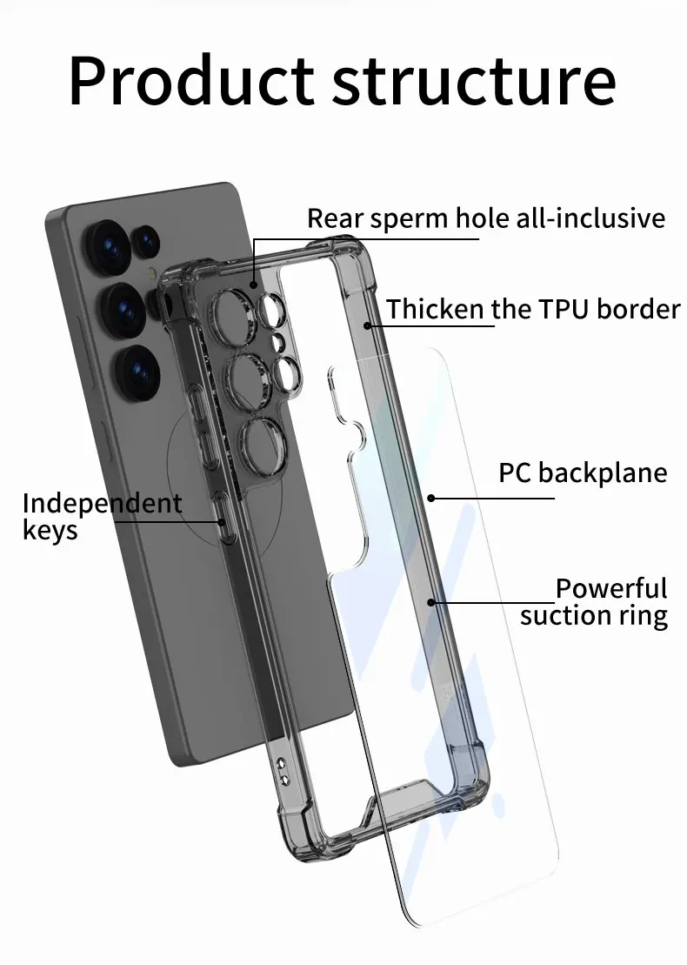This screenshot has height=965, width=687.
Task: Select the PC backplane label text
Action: pos(583,472)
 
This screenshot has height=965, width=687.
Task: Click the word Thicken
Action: pos(436,309)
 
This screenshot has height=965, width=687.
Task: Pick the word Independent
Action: pos(102,503)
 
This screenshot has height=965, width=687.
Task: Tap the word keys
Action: pos(50,530)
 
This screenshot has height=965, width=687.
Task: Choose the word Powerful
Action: pos(611,588)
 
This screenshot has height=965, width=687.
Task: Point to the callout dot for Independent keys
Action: pos(223,522)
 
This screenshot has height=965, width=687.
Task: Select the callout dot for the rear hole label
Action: pos(253,284)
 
